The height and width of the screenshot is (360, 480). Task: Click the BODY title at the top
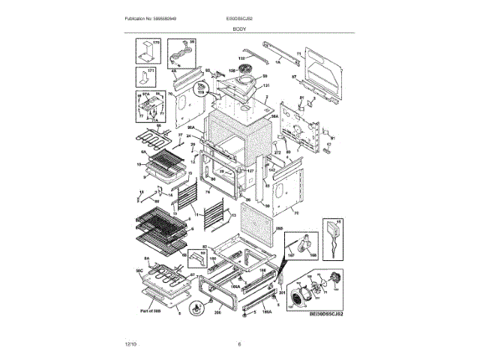(239, 28)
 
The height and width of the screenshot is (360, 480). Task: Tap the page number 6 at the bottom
(239, 343)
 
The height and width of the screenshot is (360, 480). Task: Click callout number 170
(157, 43)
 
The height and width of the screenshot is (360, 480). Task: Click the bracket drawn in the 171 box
(141, 77)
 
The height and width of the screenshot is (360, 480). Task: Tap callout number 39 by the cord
(191, 42)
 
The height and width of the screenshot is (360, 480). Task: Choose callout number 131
(264, 86)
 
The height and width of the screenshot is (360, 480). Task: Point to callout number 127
(250, 170)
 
